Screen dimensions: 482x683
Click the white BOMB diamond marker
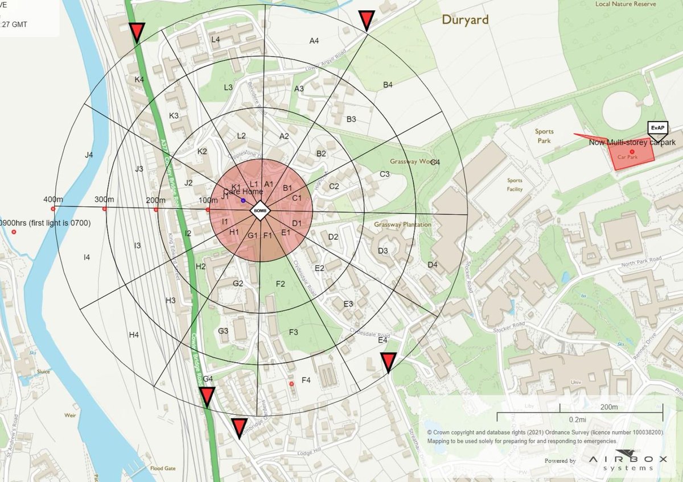click(260, 211)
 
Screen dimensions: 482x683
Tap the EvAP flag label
click(657, 128)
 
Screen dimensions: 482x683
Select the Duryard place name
click(466, 20)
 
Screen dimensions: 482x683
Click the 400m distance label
click(53, 200)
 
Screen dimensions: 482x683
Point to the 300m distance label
click(104, 200)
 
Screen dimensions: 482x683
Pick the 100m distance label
click(208, 201)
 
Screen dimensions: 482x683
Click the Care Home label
click(243, 192)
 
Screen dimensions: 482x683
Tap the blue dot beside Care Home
click(243, 201)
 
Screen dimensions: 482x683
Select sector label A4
click(314, 40)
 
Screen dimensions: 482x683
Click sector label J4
click(88, 154)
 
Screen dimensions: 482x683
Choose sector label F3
click(294, 332)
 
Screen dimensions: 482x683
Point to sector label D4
click(433, 264)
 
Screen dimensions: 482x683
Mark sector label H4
click(134, 335)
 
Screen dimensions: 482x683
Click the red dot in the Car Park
click(632, 151)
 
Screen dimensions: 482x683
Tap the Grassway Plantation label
click(403, 225)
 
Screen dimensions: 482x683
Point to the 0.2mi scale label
click(577, 419)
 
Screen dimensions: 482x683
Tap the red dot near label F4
click(292, 384)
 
